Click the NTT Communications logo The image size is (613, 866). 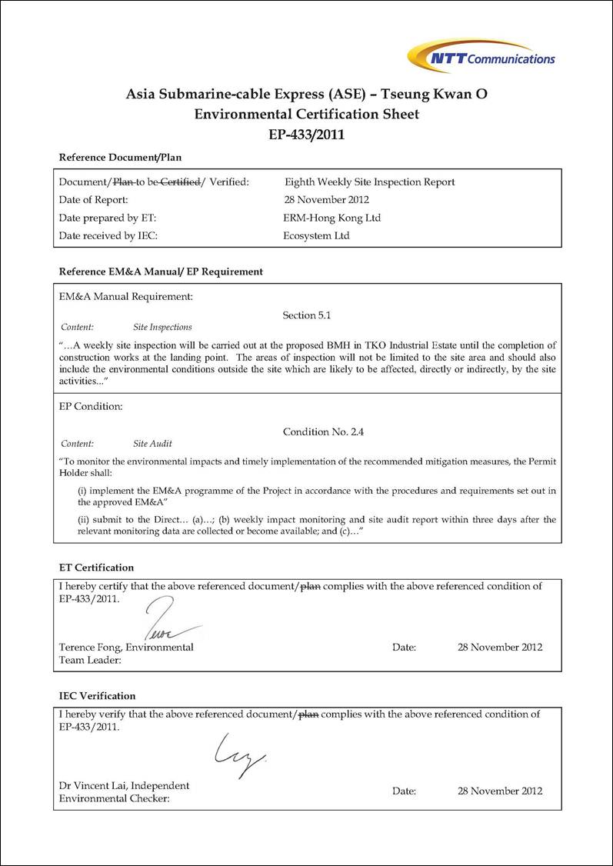tap(481, 57)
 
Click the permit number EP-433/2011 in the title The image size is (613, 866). tap(306, 135)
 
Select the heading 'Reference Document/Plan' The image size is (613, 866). tap(120, 158)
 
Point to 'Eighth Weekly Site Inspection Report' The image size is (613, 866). tap(369, 182)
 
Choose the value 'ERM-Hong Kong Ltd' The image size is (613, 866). tap(331, 218)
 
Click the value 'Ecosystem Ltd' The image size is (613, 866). tap(316, 236)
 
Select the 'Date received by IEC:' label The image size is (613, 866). tap(108, 236)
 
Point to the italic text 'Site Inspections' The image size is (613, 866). tap(162, 327)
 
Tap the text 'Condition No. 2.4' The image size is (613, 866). tap(323, 432)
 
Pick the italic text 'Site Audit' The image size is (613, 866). tap(152, 444)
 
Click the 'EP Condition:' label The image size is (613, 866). tap(91, 406)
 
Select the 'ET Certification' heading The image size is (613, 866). tap(96, 568)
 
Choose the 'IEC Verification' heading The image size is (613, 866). tap(97, 696)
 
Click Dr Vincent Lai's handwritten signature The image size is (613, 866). tap(238, 754)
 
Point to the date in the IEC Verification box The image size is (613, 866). tap(500, 791)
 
